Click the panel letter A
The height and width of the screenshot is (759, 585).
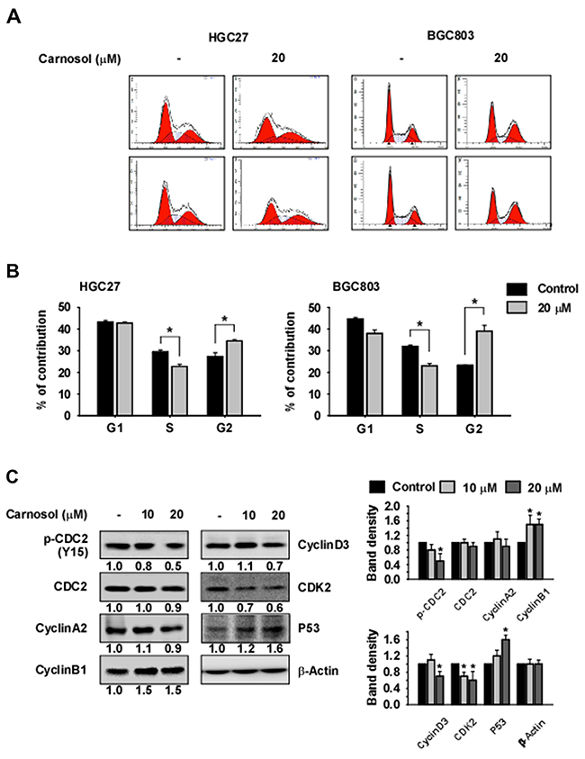coord(12,15)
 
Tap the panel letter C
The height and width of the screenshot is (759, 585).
coord(12,474)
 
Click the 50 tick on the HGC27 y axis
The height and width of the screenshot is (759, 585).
coord(61,308)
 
